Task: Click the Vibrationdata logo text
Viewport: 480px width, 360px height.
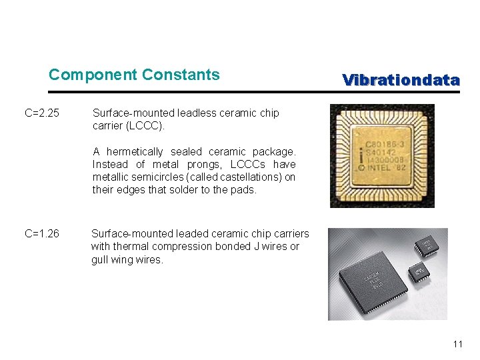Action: (x=401, y=81)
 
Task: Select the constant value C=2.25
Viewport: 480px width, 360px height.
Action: (x=42, y=113)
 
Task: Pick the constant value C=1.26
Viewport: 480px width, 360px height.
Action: (x=42, y=233)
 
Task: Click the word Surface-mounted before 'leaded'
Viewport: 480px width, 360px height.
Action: (x=131, y=233)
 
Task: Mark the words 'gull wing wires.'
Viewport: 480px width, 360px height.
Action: (x=127, y=260)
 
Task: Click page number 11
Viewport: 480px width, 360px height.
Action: (x=457, y=345)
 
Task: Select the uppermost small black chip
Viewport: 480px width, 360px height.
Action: (x=425, y=244)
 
